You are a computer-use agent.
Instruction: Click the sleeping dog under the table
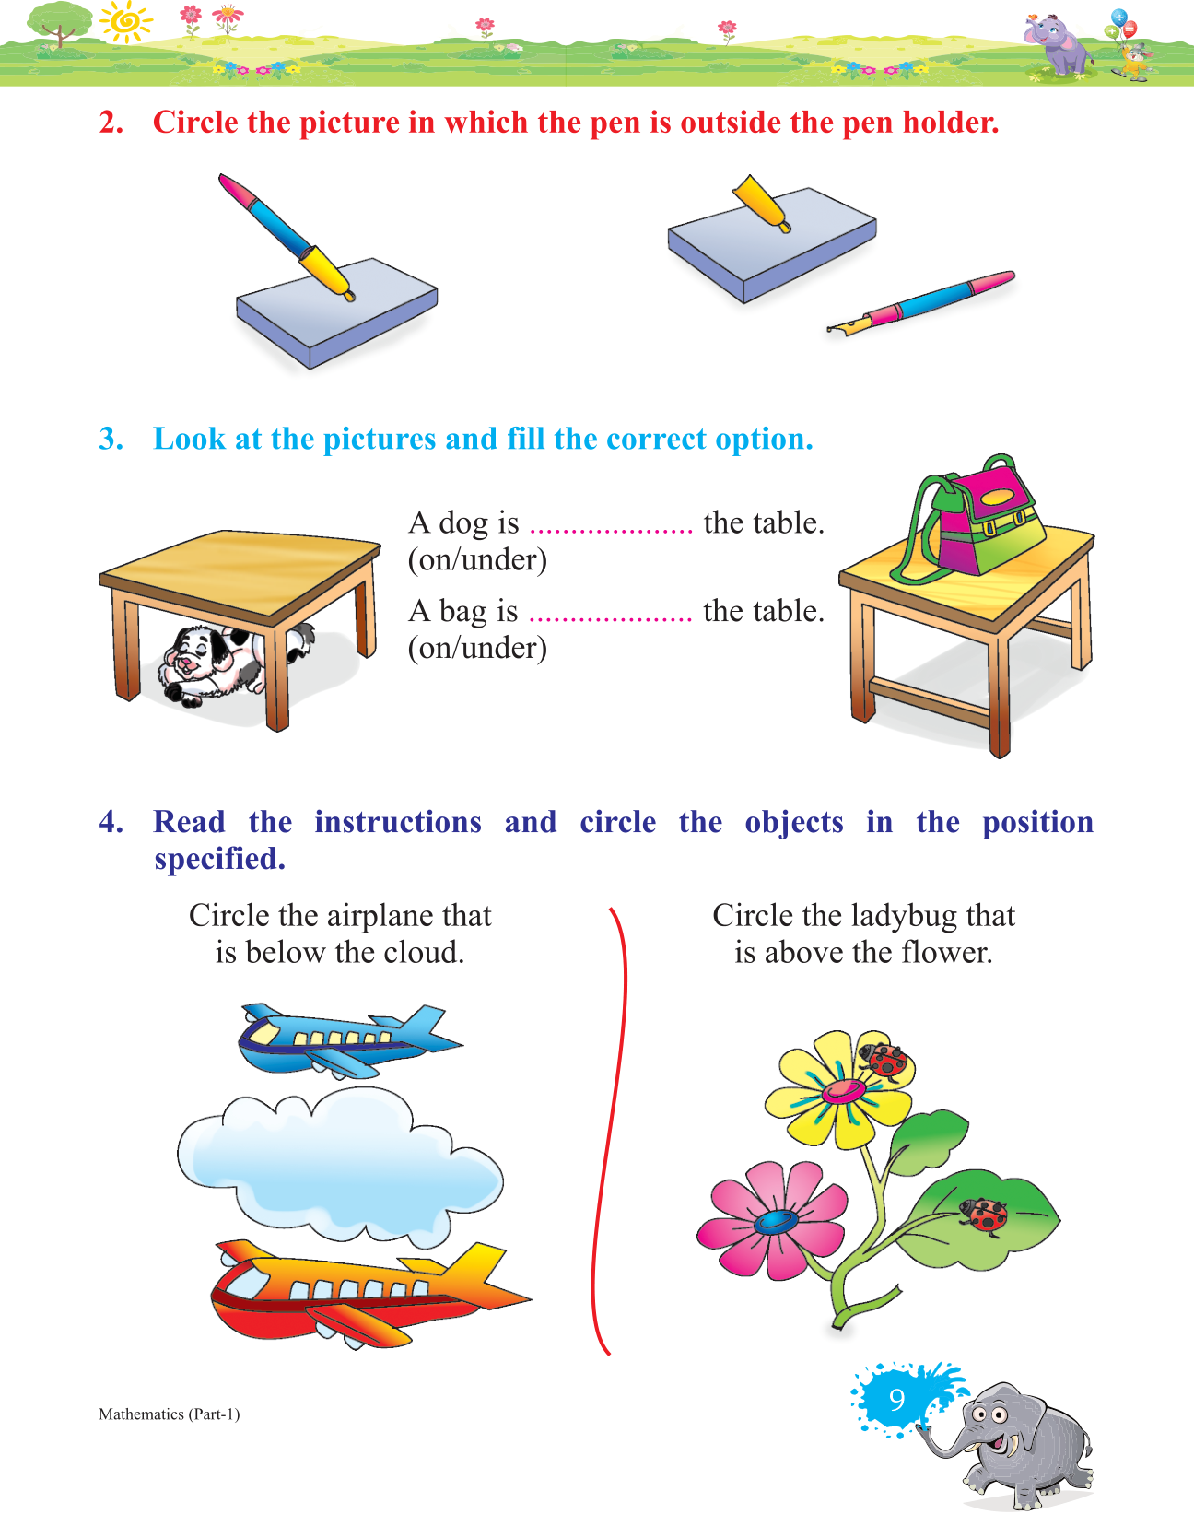click(231, 663)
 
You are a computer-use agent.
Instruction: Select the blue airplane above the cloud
click(349, 1040)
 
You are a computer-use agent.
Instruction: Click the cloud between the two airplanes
click(340, 1168)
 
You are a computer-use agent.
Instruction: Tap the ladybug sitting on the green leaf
click(984, 1216)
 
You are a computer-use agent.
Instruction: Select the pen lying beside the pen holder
click(921, 302)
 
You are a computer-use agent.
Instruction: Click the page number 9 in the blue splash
click(896, 1399)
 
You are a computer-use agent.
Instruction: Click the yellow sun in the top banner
click(125, 22)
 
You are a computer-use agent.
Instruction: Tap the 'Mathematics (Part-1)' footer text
click(170, 1414)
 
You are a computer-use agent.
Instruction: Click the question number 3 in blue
click(111, 439)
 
